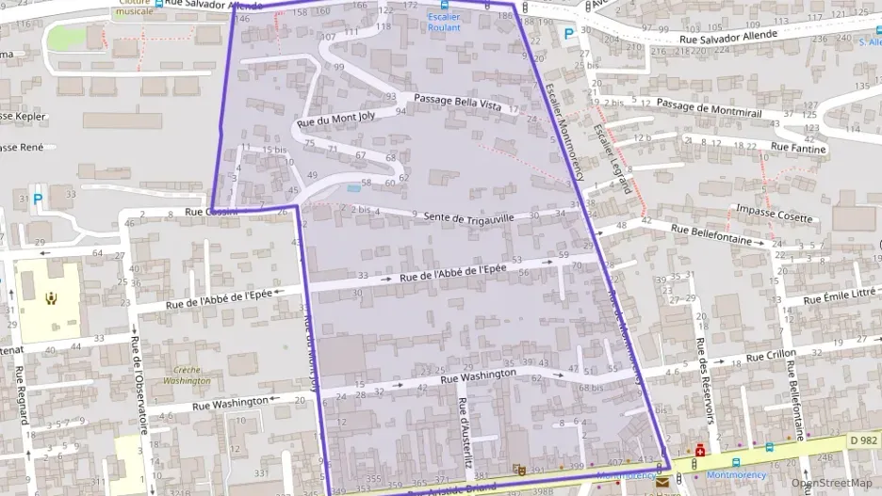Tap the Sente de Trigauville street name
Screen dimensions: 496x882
[x=469, y=218]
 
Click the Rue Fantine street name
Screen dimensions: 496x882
[x=798, y=148]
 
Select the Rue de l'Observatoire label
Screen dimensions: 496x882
[x=139, y=386]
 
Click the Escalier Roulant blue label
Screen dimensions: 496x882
[x=444, y=23]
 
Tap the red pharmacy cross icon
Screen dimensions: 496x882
[x=701, y=451]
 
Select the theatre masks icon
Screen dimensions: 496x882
[x=518, y=469]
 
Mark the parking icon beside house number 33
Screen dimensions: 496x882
[x=39, y=199]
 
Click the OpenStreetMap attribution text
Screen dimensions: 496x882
[x=831, y=483]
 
